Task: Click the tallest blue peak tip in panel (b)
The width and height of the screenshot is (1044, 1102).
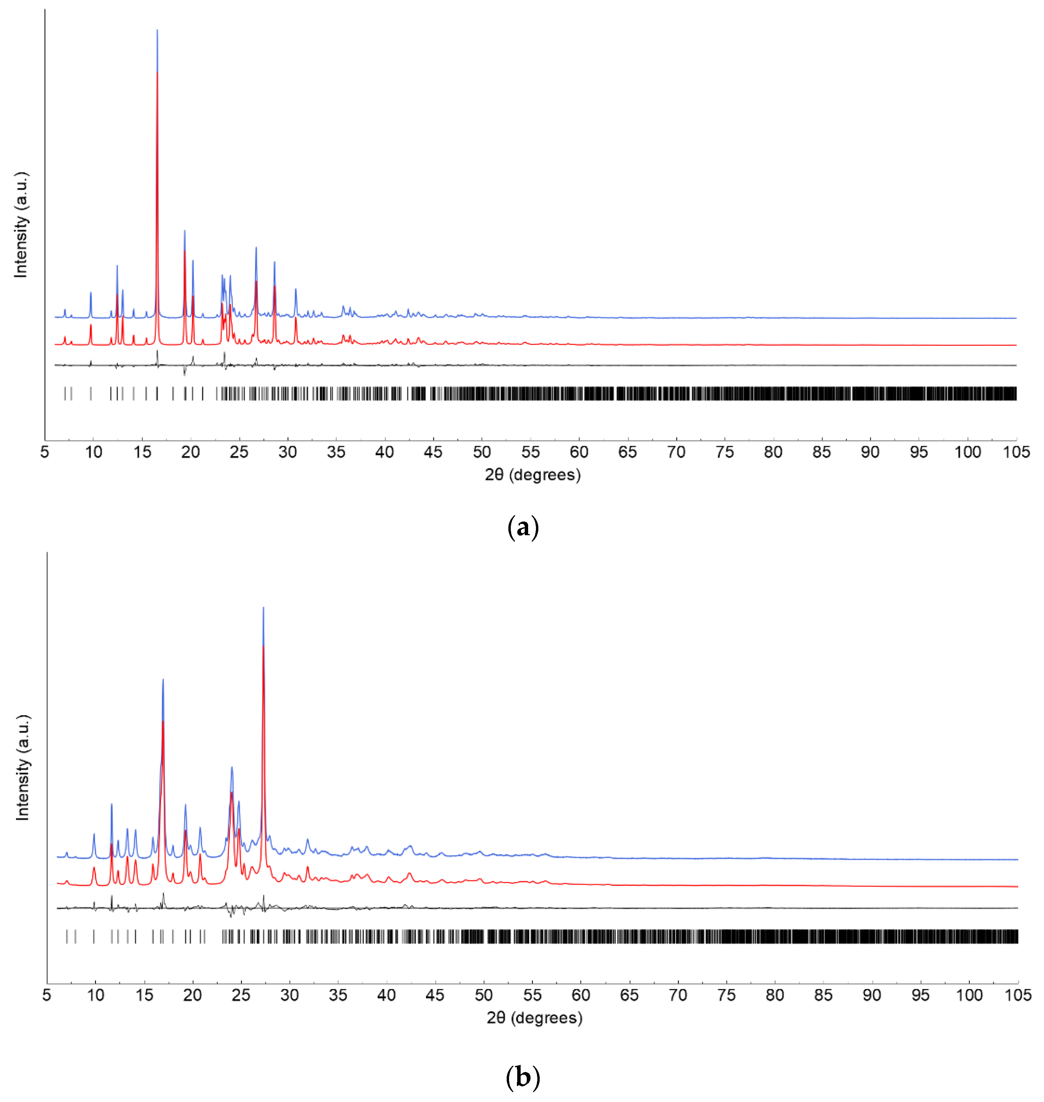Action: [x=263, y=608]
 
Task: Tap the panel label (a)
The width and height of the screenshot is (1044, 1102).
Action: [x=523, y=526]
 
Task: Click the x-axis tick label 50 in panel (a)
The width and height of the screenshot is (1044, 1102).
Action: [x=482, y=452]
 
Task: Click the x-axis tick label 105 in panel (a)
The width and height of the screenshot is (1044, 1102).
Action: [x=1016, y=452]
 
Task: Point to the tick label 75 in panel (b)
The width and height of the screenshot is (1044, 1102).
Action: [x=726, y=995]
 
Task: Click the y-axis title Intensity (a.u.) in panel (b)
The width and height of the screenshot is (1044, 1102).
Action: [x=22, y=768]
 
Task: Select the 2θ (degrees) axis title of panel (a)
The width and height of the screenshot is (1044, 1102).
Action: [x=533, y=475]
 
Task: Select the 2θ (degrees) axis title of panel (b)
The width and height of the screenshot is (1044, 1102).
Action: [x=534, y=1018]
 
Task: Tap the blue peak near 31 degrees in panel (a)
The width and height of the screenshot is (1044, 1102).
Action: [x=296, y=289]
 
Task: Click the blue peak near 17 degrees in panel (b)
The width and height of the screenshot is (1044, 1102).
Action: [x=163, y=680]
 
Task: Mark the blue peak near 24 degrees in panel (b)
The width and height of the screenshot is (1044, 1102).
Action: [x=232, y=768]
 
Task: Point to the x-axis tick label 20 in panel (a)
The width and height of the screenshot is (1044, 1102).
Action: [x=190, y=452]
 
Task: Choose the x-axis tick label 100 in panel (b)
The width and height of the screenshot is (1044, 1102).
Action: [x=969, y=995]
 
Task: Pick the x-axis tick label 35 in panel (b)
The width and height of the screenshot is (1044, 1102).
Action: [x=338, y=995]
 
